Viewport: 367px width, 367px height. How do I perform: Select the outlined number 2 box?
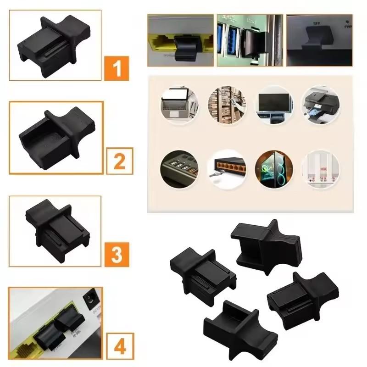click(x=119, y=161)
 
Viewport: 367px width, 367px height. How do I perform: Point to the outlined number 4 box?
click(x=119, y=347)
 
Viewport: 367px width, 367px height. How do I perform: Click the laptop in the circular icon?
click(x=179, y=104)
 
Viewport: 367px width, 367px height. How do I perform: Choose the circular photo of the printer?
click(x=320, y=105)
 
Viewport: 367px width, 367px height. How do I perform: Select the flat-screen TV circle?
click(x=274, y=105)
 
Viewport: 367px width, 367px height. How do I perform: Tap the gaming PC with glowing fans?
click(x=274, y=169)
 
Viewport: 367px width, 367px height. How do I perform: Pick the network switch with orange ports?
click(x=227, y=169)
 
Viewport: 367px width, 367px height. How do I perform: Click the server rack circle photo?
click(x=227, y=105)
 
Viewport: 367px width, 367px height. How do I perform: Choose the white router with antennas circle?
click(x=320, y=169)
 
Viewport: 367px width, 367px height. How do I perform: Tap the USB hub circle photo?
click(x=179, y=169)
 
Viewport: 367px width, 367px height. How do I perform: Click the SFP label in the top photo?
click(x=316, y=22)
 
